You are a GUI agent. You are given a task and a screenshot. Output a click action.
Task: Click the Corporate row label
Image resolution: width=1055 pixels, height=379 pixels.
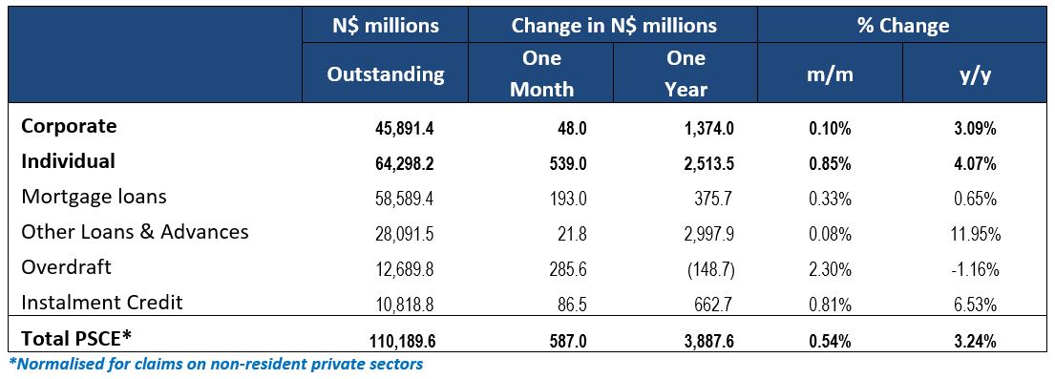pyautogui.click(x=69, y=127)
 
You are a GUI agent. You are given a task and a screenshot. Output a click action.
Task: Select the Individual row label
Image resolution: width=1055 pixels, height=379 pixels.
pyautogui.click(x=68, y=161)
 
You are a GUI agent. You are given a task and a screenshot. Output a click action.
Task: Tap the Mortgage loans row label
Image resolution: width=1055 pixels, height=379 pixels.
pyautogui.click(x=94, y=197)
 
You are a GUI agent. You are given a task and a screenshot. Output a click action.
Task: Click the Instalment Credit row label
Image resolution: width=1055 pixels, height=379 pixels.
pyautogui.click(x=101, y=303)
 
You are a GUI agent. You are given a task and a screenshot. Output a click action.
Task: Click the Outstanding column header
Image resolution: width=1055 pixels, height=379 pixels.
pyautogui.click(x=386, y=74)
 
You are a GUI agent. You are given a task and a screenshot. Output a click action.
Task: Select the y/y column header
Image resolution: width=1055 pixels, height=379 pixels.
pyautogui.click(x=973, y=74)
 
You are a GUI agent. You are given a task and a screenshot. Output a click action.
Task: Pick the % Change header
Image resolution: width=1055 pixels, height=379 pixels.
pyautogui.click(x=901, y=26)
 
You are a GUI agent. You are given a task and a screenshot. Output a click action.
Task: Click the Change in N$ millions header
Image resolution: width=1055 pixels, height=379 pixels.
pyautogui.click(x=613, y=26)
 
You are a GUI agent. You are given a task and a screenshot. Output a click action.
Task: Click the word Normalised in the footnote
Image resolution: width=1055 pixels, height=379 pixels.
pyautogui.click(x=58, y=364)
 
